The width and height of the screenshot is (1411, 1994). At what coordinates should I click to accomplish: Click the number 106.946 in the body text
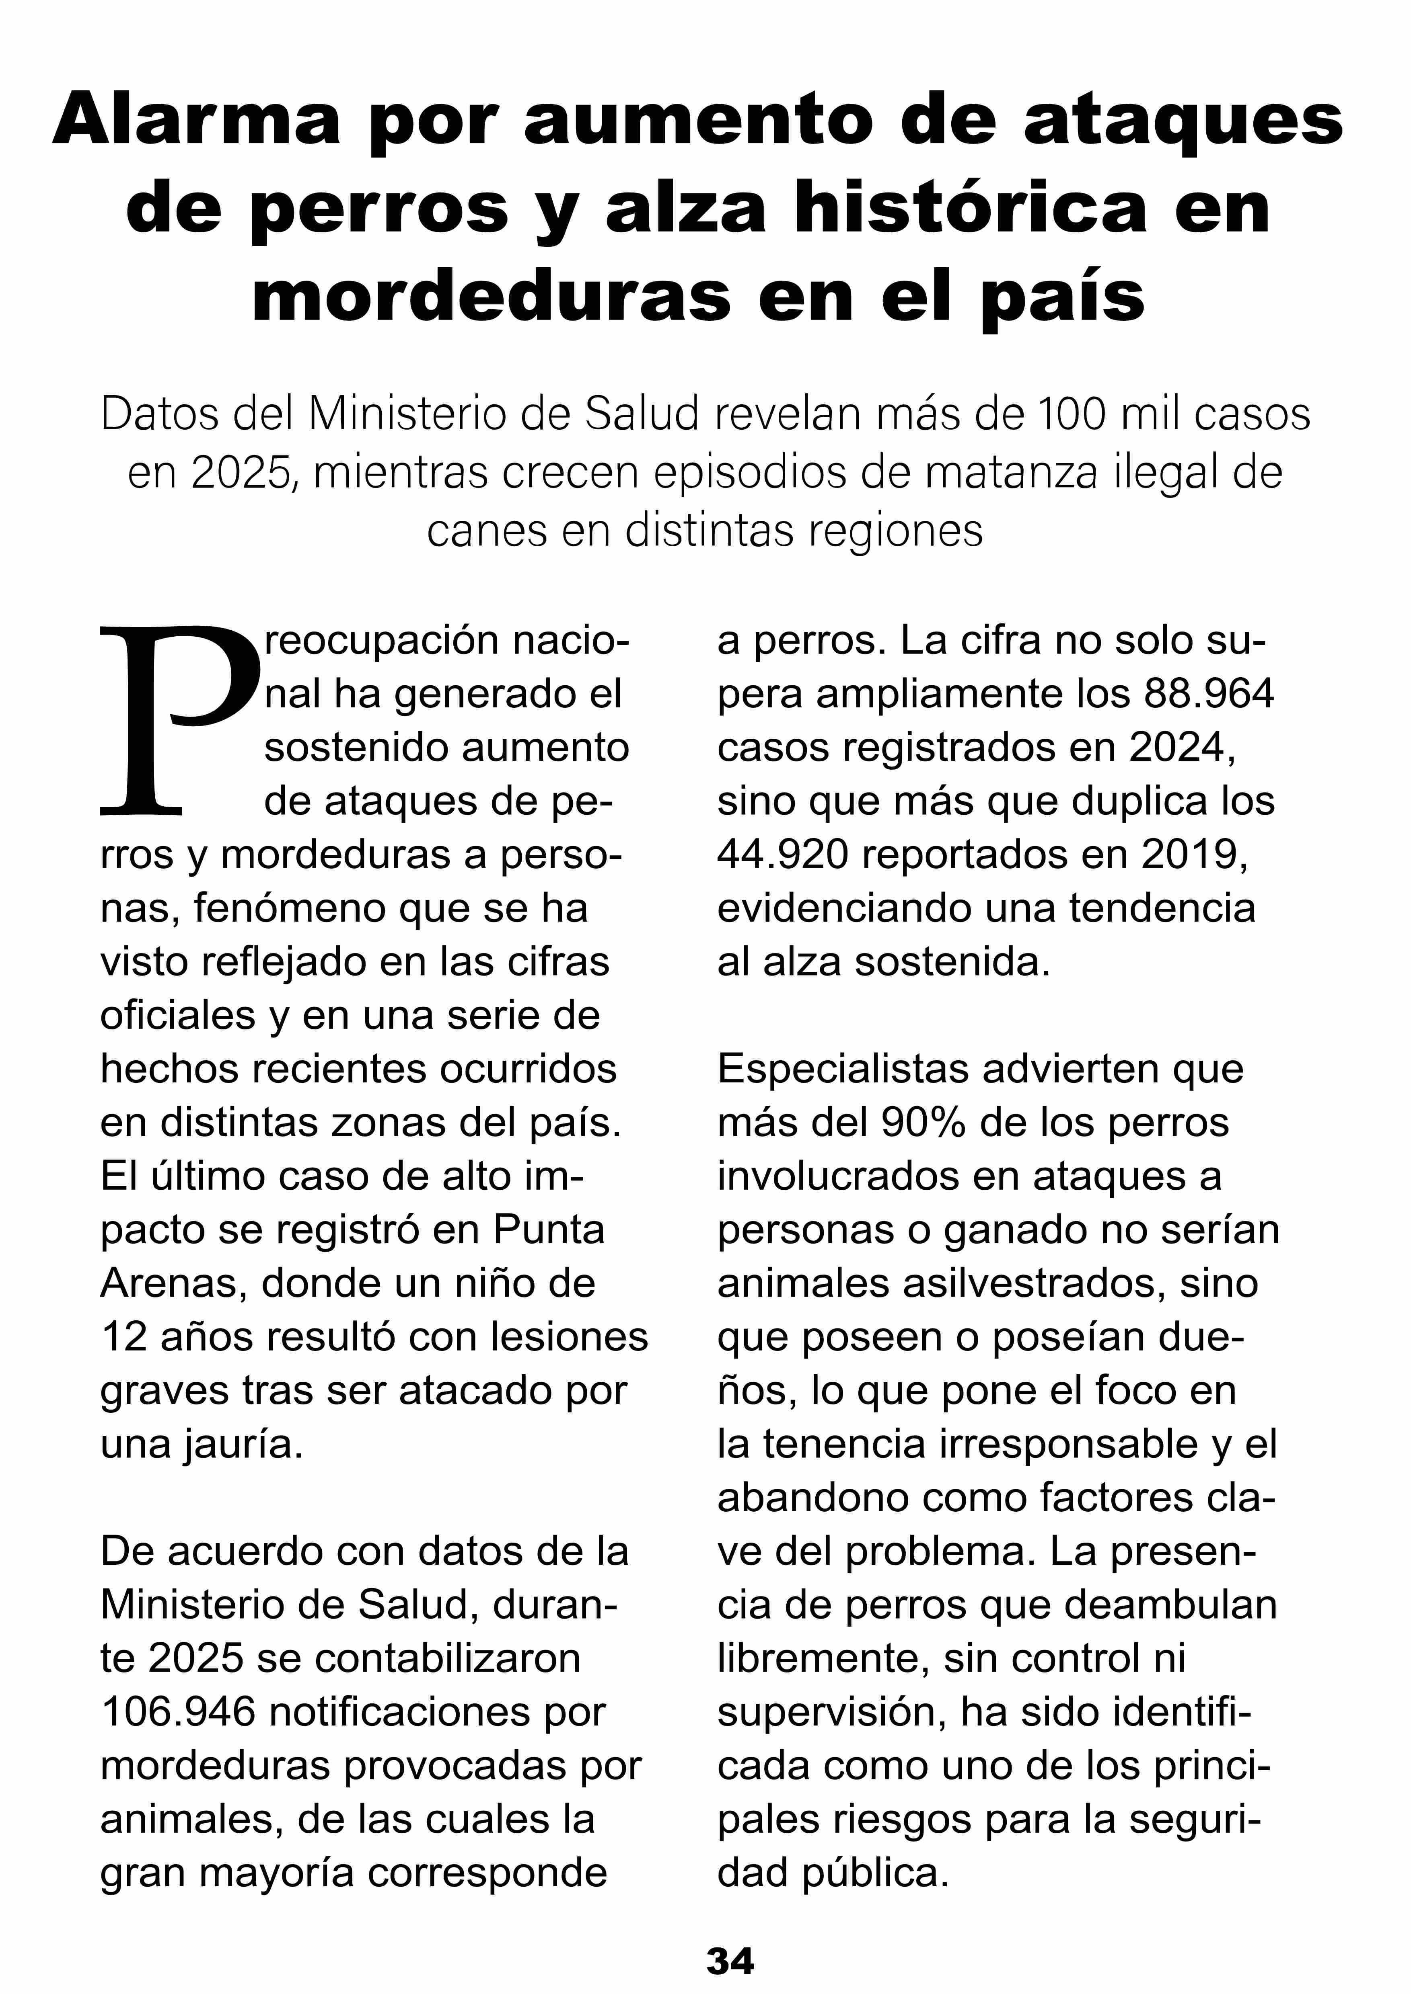(x=178, y=1712)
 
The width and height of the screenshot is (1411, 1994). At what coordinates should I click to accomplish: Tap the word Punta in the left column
(x=549, y=1230)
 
